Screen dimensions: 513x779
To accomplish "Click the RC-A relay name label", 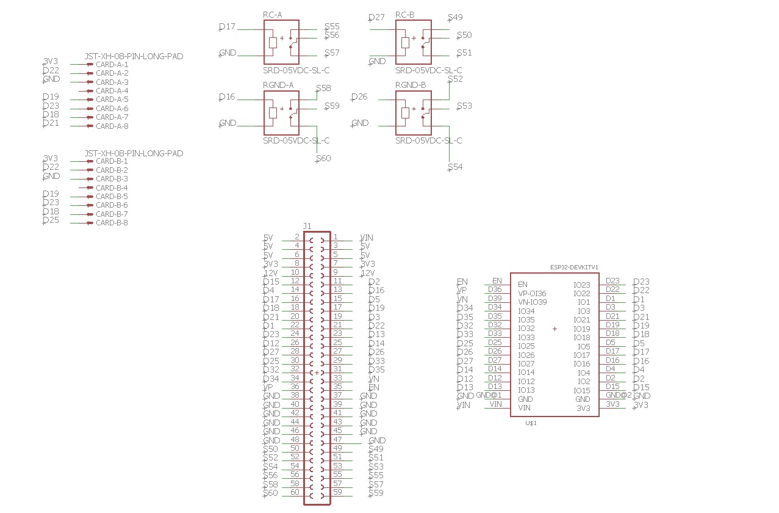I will (x=273, y=15).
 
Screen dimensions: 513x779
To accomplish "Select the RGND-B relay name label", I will (x=410, y=85).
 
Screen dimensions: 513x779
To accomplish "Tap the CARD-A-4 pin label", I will (x=112, y=90).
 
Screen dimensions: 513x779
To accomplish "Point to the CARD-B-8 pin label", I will (x=112, y=223).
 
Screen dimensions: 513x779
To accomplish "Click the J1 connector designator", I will (x=307, y=226).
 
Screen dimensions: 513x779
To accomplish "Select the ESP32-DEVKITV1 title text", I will (x=574, y=267).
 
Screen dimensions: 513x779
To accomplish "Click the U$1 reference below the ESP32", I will (x=531, y=423).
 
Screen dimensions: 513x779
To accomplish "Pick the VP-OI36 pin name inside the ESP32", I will (x=532, y=293).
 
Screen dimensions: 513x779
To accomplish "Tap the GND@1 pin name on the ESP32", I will (x=489, y=395).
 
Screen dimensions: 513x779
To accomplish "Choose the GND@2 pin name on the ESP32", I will (x=619, y=395).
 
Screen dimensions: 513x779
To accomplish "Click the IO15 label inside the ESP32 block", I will (x=581, y=390).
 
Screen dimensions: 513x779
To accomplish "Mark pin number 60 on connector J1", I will (x=295, y=492).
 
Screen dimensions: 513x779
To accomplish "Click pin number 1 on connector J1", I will (x=336, y=237).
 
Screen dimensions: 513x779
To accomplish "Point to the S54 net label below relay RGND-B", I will (x=455, y=167).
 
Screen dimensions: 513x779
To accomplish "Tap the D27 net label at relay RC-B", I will (x=376, y=18).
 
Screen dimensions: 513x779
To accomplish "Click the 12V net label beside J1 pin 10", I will (x=271, y=273).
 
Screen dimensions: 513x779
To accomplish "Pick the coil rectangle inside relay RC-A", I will (x=273, y=42).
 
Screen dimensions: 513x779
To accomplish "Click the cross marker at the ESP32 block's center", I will (x=555, y=329).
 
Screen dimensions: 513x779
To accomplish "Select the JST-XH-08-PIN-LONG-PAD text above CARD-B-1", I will (x=134, y=153).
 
